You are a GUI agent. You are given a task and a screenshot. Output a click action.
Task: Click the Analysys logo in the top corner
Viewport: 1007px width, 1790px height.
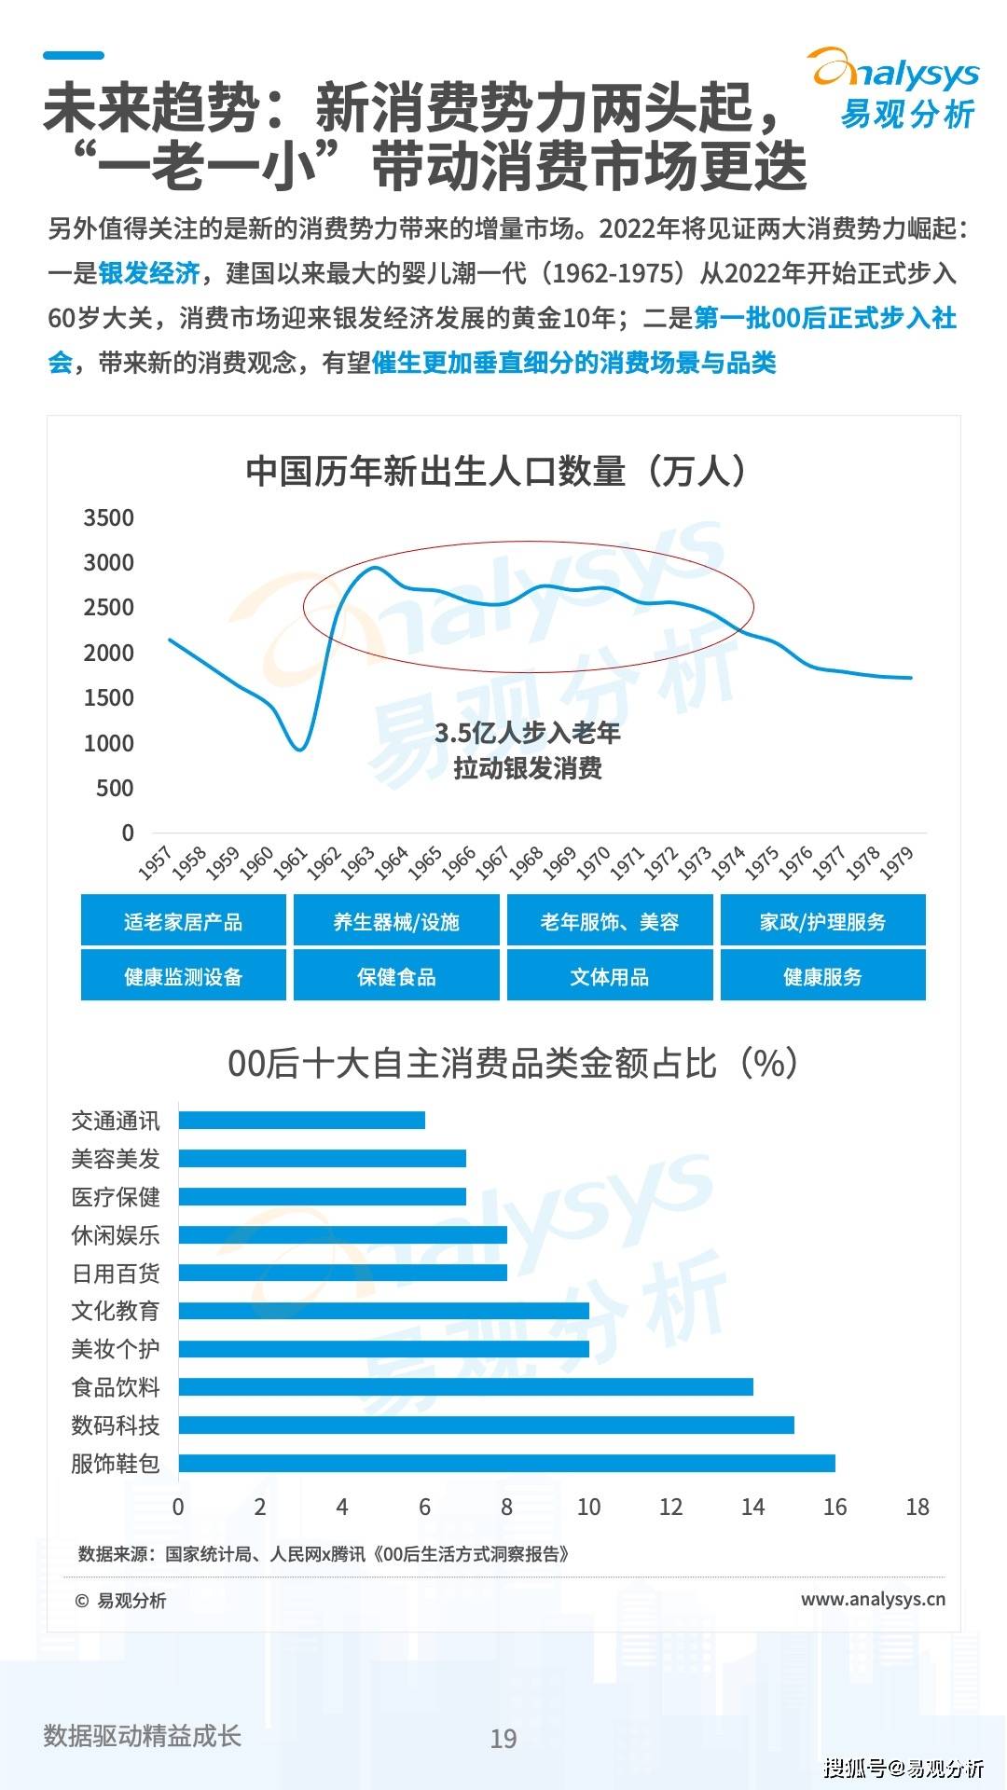[x=895, y=89]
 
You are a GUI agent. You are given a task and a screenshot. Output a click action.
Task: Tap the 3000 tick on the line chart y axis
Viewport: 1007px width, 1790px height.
[x=109, y=563]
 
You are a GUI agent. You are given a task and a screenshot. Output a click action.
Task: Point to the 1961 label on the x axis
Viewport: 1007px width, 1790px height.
[x=290, y=862]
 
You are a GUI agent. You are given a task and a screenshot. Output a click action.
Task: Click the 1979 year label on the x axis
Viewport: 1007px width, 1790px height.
[x=897, y=862]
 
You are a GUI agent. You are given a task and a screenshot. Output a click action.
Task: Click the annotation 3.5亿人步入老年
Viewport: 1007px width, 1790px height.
[x=528, y=733]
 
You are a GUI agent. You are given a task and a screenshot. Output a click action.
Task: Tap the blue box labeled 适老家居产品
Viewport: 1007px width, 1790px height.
[x=183, y=922]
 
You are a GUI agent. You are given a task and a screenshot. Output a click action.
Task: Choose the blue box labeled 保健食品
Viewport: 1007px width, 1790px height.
[x=396, y=976]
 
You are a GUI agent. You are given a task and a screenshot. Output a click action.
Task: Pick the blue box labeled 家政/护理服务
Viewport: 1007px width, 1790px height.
[x=822, y=922]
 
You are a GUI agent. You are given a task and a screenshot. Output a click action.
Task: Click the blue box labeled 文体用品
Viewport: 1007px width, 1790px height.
[x=610, y=976]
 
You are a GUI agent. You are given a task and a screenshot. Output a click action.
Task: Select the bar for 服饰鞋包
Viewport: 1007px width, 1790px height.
[x=506, y=1463]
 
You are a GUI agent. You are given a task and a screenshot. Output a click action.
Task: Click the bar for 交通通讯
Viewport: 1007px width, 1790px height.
[x=301, y=1120]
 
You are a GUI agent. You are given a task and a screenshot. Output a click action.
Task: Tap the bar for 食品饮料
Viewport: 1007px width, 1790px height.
[x=465, y=1386]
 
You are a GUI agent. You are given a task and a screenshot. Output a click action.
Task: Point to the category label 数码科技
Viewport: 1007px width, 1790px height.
[x=116, y=1425]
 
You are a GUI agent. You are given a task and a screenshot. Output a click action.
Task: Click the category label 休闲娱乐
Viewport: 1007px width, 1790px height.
[x=116, y=1235]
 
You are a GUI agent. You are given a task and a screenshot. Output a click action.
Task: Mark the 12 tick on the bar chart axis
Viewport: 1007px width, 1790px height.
[x=670, y=1507]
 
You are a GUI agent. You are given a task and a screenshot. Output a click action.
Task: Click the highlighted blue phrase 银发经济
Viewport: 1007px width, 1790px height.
[x=149, y=273]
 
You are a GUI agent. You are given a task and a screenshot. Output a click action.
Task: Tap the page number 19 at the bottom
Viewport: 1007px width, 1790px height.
[x=504, y=1738]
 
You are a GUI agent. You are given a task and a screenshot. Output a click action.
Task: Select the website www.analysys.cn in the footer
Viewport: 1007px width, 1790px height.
[x=873, y=1599]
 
